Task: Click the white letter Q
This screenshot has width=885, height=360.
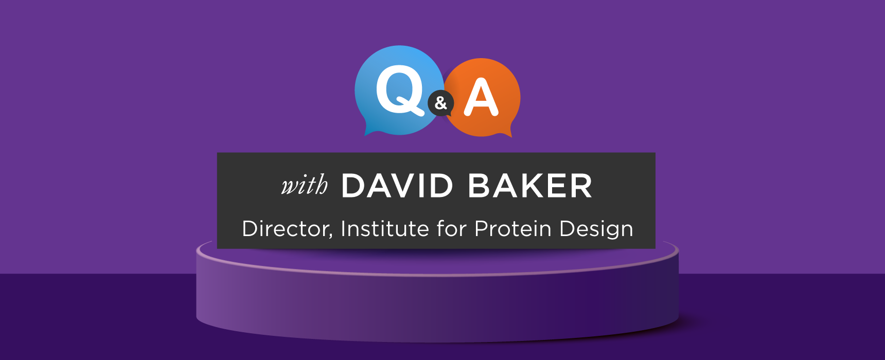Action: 400,92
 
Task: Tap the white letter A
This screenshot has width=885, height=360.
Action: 481,98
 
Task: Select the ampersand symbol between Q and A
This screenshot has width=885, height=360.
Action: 441,103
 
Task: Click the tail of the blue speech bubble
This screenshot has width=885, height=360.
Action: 371,130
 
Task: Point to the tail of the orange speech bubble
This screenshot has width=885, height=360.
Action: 505,132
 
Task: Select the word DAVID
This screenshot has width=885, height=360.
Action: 397,186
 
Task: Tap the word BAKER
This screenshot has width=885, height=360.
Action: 530,186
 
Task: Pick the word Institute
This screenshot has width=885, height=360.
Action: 385,228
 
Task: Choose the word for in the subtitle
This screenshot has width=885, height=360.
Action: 452,228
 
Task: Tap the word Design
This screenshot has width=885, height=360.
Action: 596,229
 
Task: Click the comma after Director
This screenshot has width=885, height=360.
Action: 331,237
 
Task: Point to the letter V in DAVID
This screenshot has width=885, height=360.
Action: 400,186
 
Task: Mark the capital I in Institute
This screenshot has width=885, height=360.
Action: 343,228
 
